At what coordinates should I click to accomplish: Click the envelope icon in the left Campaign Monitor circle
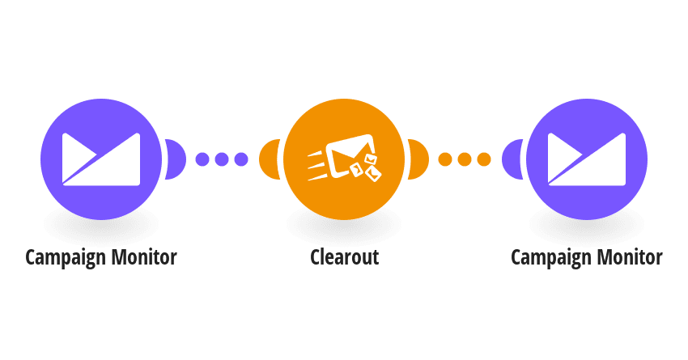coord(101,159)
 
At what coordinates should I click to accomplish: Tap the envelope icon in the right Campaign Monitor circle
coord(587,159)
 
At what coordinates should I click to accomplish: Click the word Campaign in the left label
coord(66,257)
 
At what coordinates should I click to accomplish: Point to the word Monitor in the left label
coord(144,256)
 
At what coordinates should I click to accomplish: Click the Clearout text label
coord(345,257)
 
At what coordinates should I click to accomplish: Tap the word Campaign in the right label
coord(551,257)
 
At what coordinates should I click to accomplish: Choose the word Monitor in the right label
coord(630,256)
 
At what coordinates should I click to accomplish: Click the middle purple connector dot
coord(222,159)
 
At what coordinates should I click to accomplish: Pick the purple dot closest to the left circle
coord(202,159)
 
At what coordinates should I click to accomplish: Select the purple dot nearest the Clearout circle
coord(241,159)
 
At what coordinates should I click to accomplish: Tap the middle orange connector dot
coord(465,159)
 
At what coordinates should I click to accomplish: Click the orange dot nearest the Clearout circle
coord(445,159)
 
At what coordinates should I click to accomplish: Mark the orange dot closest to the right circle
coord(484,159)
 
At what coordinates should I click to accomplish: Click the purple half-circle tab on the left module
coord(176,159)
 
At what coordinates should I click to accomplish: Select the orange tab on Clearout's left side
coord(269,159)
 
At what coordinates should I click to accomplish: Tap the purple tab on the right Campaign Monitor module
coord(512,159)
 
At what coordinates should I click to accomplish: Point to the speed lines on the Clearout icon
coord(317,166)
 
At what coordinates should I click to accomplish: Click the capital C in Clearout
coord(316,257)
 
